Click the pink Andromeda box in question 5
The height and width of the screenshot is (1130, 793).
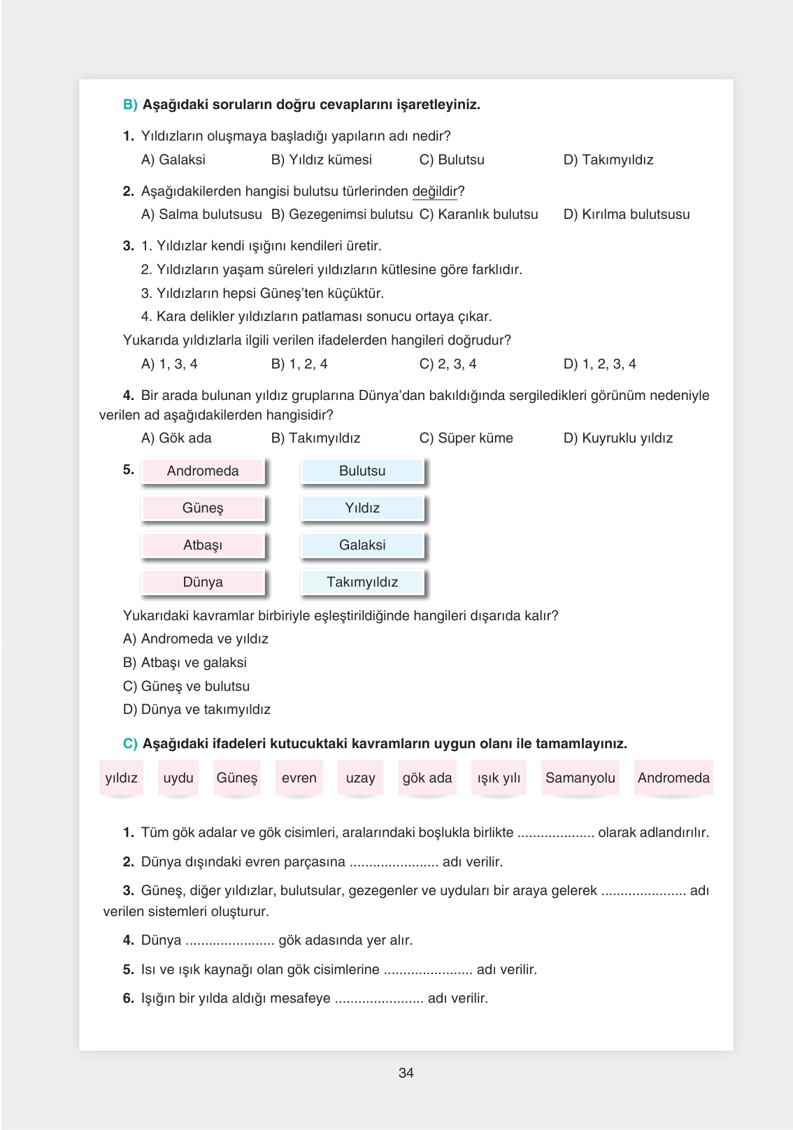point(203,471)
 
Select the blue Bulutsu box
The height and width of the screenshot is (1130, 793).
point(362,471)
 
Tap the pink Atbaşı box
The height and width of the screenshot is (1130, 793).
point(203,545)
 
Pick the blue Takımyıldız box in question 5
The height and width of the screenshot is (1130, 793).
point(362,582)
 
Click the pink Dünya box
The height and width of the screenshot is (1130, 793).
point(203,582)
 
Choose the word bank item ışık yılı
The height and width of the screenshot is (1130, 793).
point(499,778)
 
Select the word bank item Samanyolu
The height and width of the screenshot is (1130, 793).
point(580,778)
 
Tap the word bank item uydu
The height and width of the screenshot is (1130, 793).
point(178,778)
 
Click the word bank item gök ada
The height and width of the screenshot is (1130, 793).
point(427,778)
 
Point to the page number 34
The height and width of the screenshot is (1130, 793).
point(406,1073)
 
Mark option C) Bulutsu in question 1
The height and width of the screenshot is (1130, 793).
point(452,159)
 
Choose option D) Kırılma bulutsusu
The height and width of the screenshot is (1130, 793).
point(627,214)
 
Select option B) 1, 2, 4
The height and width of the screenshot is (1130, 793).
point(299,364)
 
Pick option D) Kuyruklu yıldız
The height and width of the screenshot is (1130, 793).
point(618,438)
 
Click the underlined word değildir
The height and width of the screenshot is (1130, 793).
point(434,191)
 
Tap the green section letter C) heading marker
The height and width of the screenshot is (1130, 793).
point(130,743)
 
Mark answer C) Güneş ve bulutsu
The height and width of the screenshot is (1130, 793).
point(186,686)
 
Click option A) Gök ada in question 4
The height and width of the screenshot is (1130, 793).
point(176,438)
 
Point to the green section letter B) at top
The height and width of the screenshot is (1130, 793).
point(130,104)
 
